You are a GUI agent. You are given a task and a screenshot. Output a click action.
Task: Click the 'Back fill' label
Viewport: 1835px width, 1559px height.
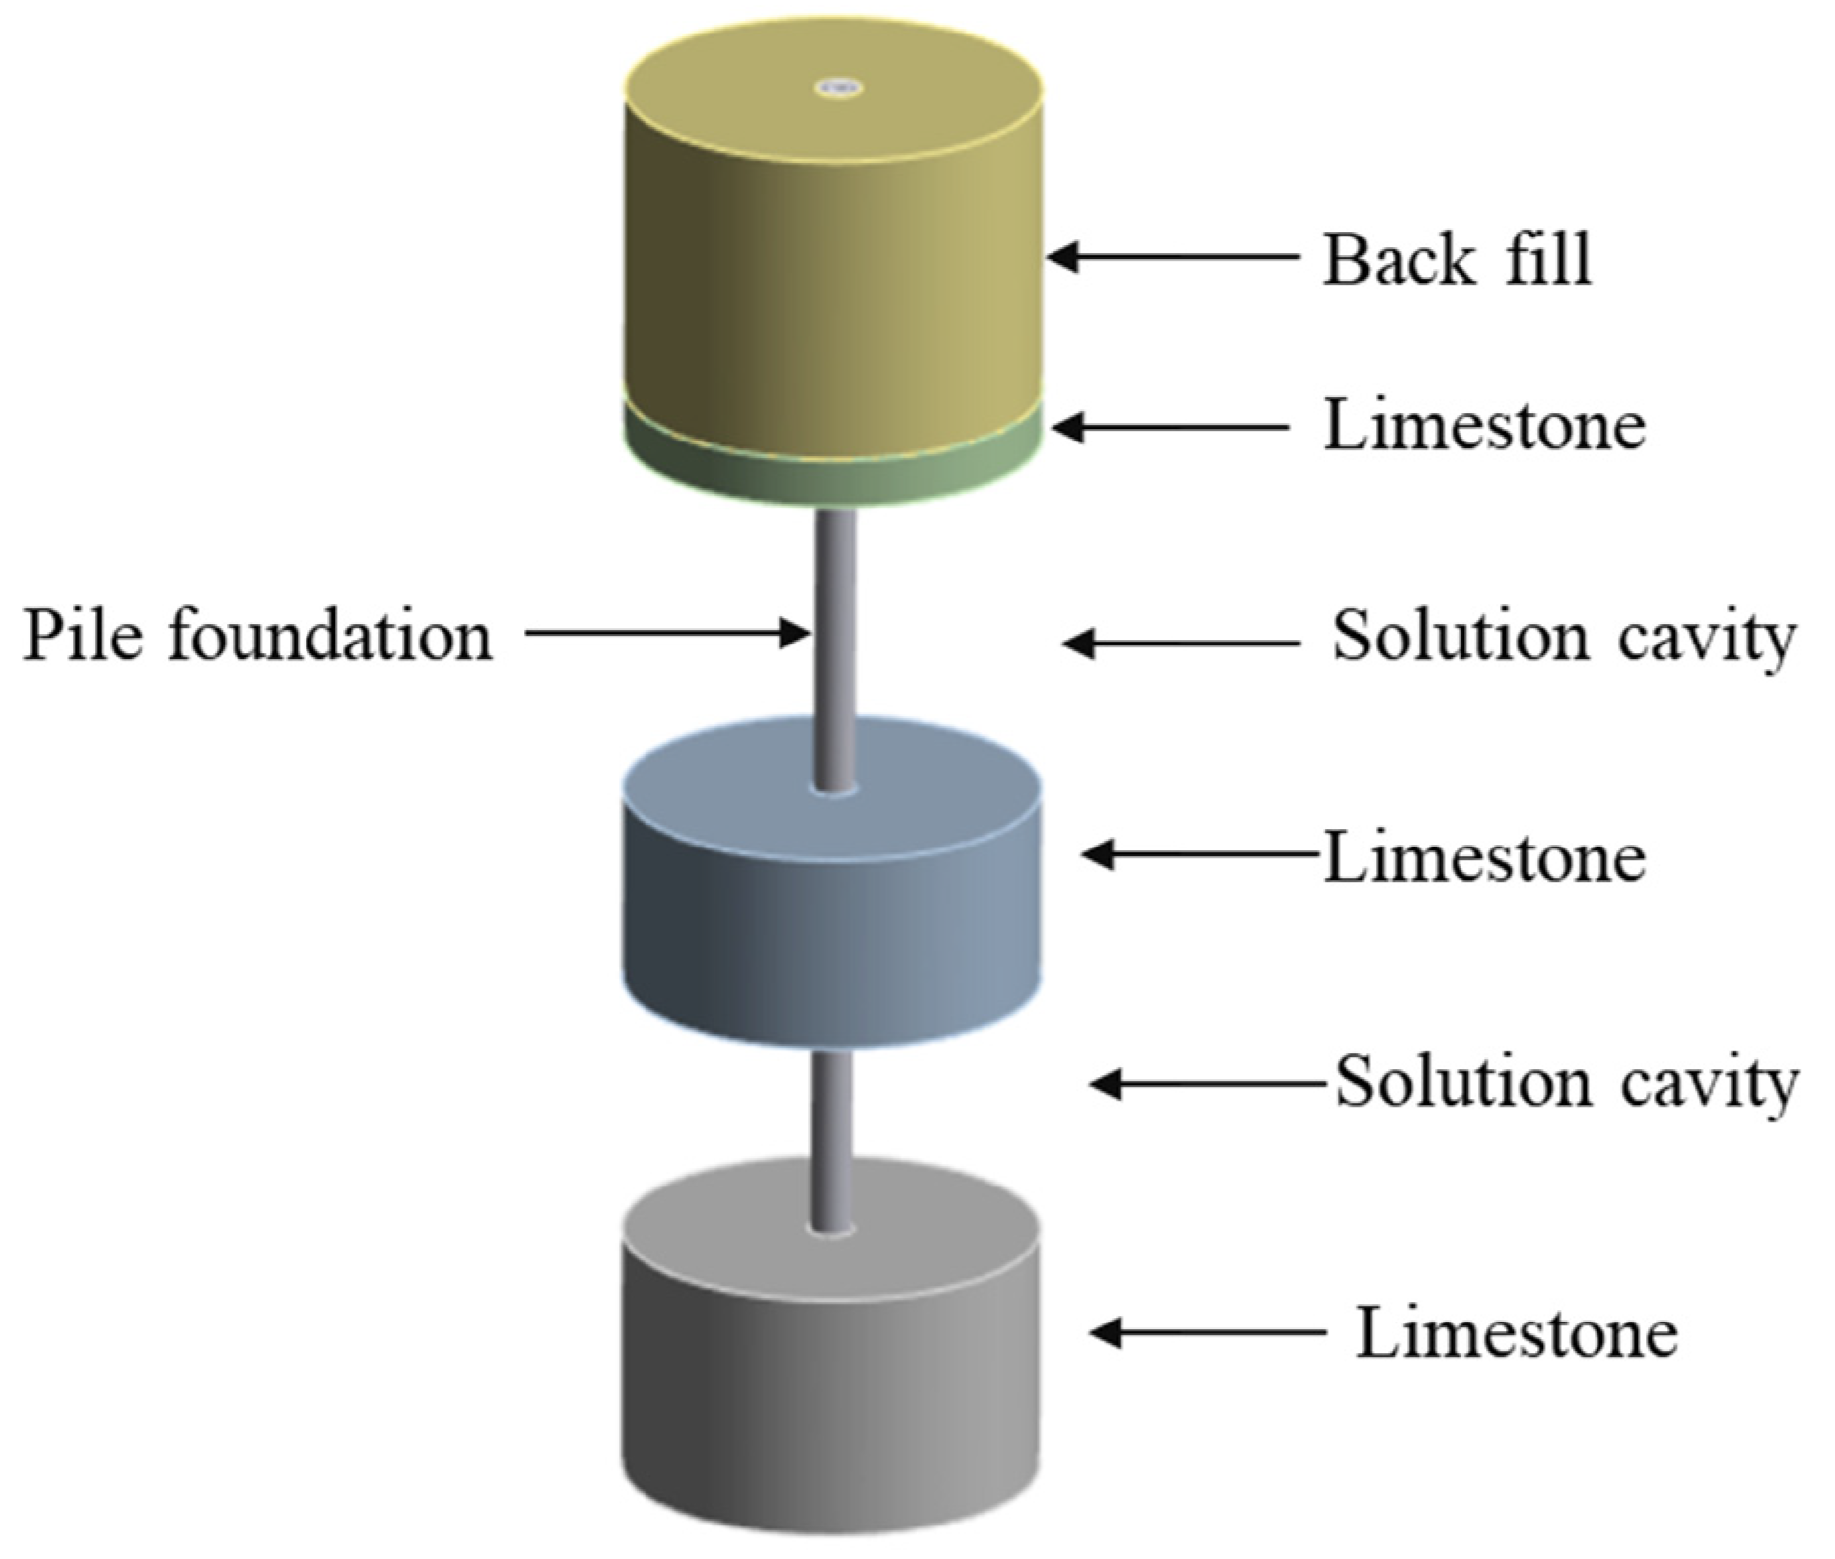tap(1456, 259)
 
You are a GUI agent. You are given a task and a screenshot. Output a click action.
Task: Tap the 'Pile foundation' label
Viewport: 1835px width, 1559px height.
tap(257, 635)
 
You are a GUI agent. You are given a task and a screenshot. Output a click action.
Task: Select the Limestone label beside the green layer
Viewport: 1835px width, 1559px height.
tap(1483, 426)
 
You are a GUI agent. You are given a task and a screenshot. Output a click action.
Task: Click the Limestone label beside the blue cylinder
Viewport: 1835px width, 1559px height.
tap(1483, 856)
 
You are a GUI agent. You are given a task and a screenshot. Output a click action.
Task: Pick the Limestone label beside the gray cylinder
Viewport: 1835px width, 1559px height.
tap(1517, 1332)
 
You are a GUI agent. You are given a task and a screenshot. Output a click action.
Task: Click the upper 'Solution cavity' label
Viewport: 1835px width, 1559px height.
tap(1564, 638)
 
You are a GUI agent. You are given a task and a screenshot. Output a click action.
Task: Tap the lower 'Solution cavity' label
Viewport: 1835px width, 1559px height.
tap(1566, 1083)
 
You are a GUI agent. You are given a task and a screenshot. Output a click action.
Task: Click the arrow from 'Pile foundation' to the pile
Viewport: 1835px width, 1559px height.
tap(666, 632)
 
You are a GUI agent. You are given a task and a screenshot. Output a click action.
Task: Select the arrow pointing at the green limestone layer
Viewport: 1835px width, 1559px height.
tap(1171, 428)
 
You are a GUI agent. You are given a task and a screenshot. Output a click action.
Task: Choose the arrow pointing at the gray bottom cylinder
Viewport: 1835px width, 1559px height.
tap(1207, 1332)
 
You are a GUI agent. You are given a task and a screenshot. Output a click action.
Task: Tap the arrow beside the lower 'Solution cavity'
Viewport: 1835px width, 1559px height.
tap(1207, 1084)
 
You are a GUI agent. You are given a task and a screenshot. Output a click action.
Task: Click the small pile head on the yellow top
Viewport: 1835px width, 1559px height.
tap(839, 88)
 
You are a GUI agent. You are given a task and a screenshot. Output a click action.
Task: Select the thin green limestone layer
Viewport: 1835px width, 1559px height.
tap(833, 473)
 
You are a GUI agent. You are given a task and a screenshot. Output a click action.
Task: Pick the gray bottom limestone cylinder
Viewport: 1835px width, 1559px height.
tap(833, 1380)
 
